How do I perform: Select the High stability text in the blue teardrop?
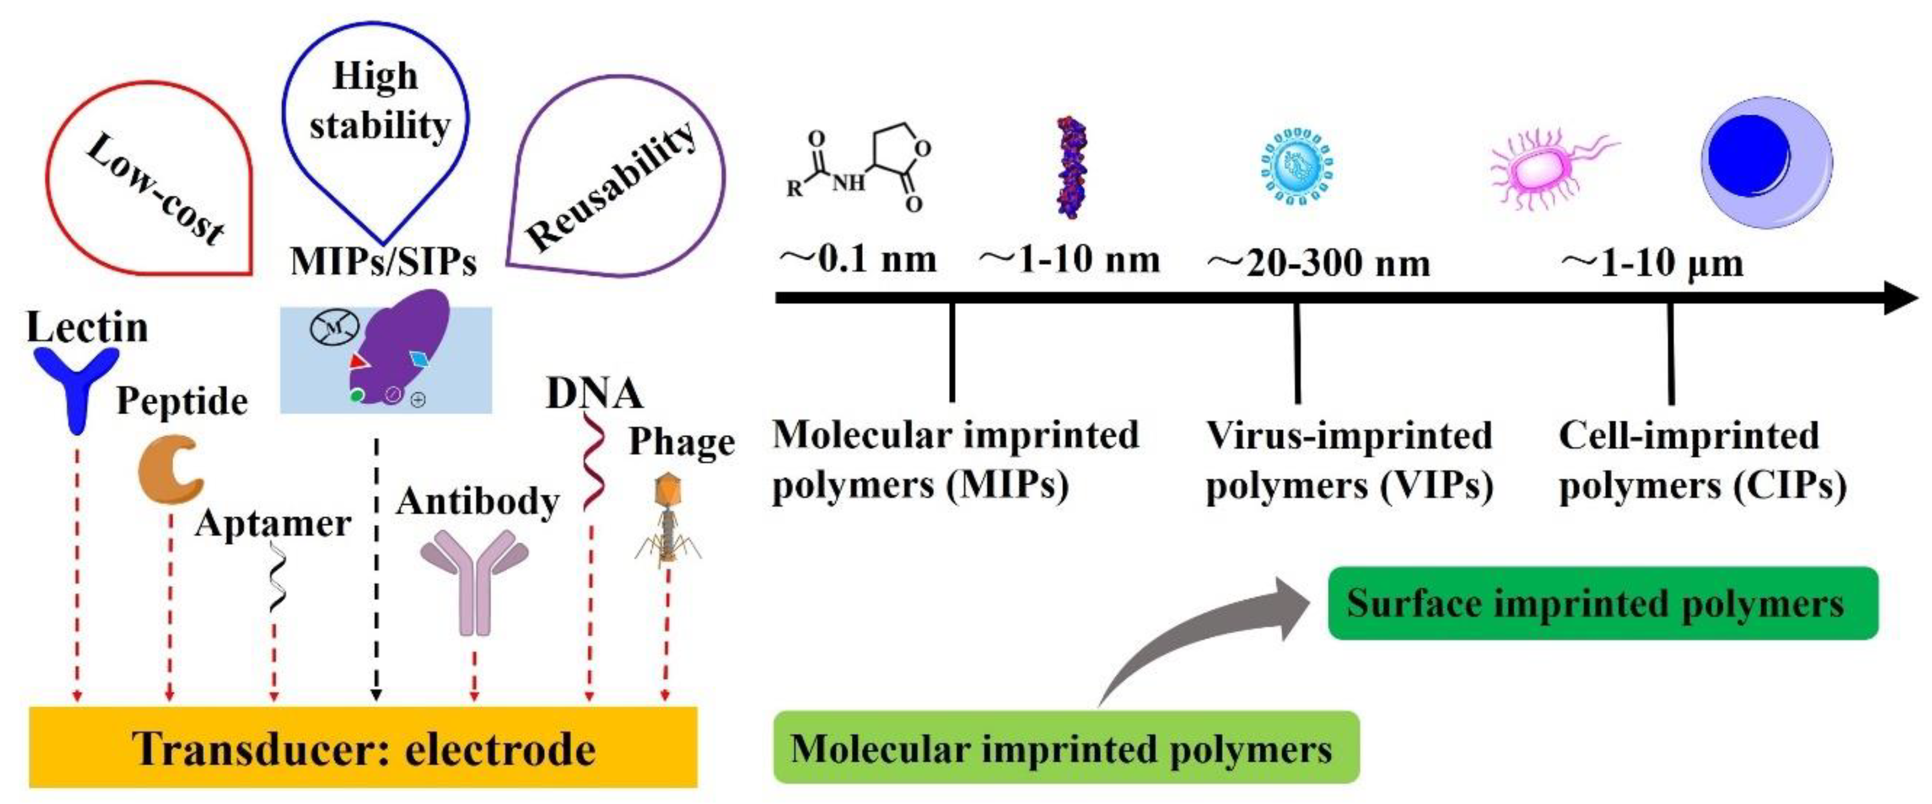[x=378, y=101]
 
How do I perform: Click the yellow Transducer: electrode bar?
[x=363, y=748]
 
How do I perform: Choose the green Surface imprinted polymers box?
[x=1603, y=603]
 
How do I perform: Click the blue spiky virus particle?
[x=1297, y=166]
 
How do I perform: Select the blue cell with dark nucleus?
[x=1766, y=161]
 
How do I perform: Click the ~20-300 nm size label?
[x=1318, y=263]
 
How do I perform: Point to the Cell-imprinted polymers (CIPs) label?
[x=1702, y=460]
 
